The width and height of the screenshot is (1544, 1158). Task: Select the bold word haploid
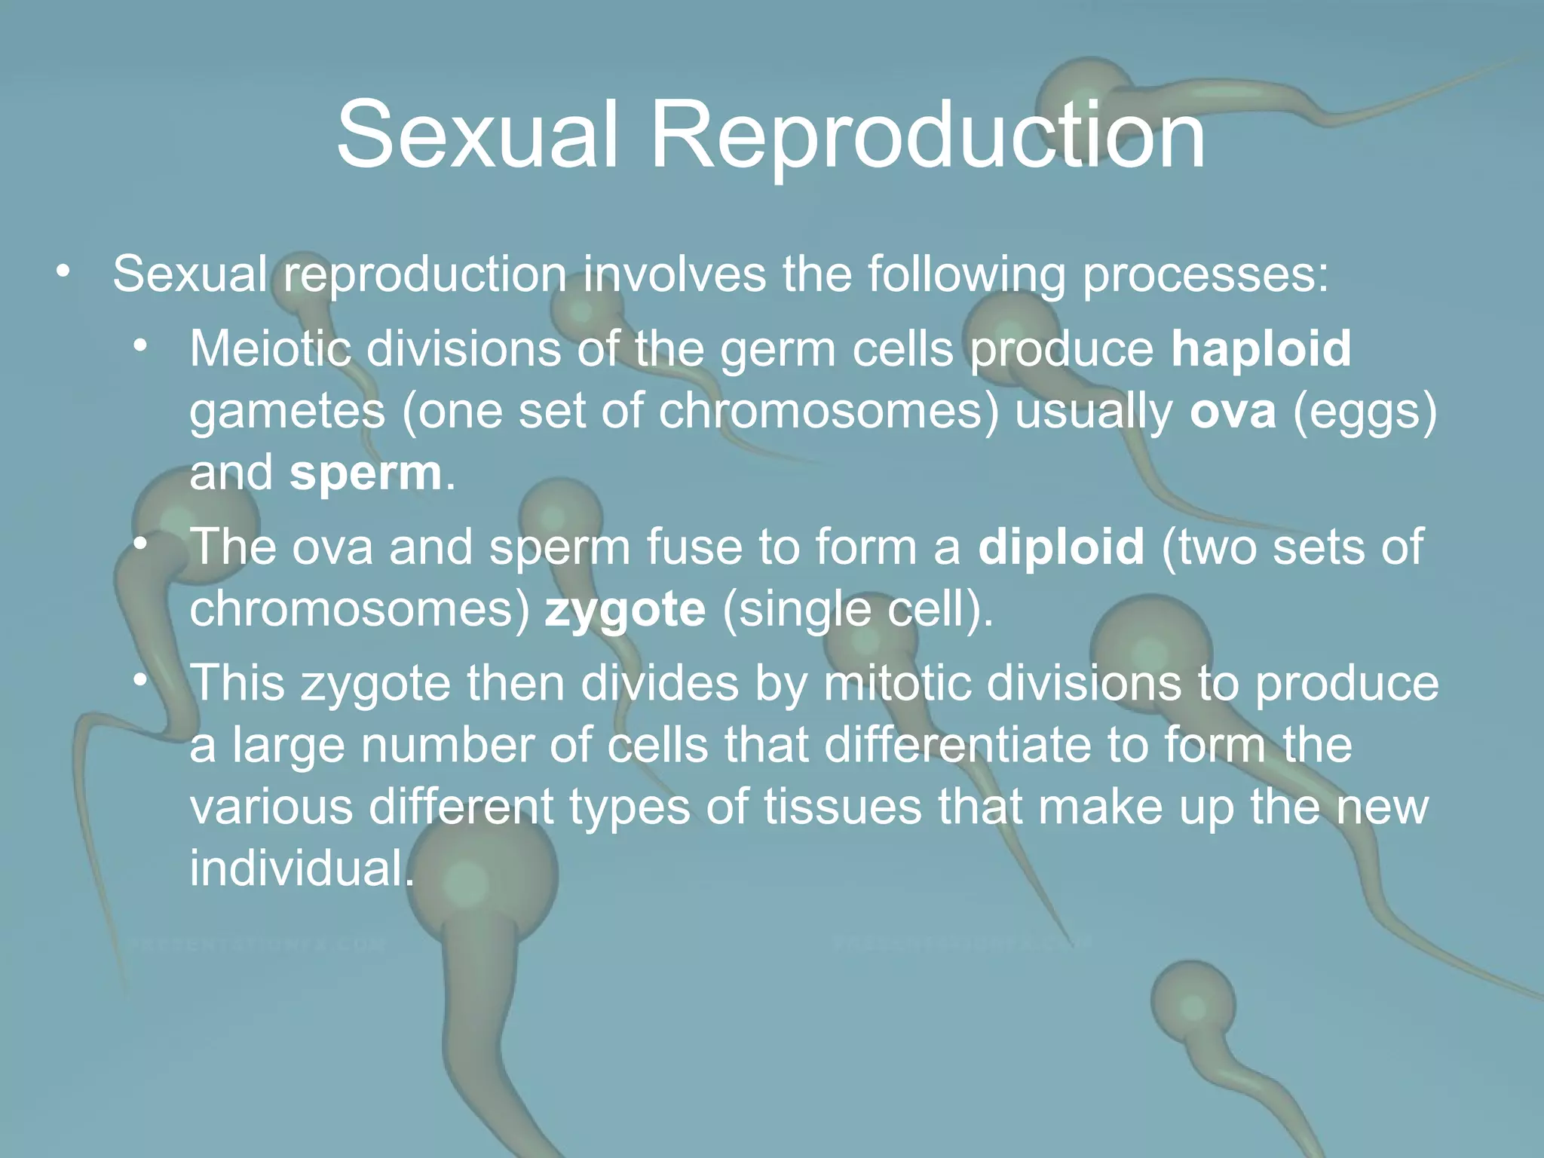[1261, 349]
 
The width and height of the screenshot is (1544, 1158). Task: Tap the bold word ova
[1233, 411]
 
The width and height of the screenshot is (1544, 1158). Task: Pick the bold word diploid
[1061, 547]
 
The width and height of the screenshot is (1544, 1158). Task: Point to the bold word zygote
[625, 609]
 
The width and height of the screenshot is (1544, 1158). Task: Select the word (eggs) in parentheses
[1365, 412]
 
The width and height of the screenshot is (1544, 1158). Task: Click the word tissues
[843, 807]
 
